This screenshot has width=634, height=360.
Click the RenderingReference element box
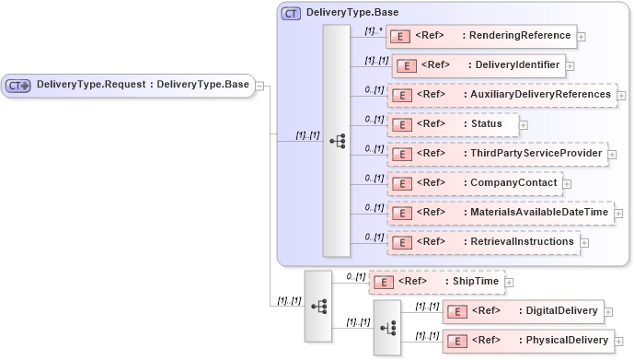click(482, 37)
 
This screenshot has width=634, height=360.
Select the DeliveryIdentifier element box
click(478, 65)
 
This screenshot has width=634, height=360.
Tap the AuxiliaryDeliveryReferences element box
click(501, 95)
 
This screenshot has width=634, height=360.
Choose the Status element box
click(452, 123)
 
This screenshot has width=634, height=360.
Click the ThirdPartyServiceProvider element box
click(497, 154)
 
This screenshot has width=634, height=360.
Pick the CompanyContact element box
click(474, 183)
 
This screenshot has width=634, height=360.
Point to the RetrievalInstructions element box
click(482, 242)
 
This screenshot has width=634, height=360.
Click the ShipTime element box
click(435, 282)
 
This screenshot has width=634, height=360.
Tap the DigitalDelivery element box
click(523, 311)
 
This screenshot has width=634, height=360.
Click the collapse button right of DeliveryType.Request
click(260, 86)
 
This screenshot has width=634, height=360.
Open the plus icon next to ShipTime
click(509, 282)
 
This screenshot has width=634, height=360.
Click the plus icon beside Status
click(524, 124)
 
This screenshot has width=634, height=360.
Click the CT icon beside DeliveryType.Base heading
click(291, 13)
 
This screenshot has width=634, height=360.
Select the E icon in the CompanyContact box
click(400, 183)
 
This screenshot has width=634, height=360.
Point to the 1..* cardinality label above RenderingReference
click(373, 29)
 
